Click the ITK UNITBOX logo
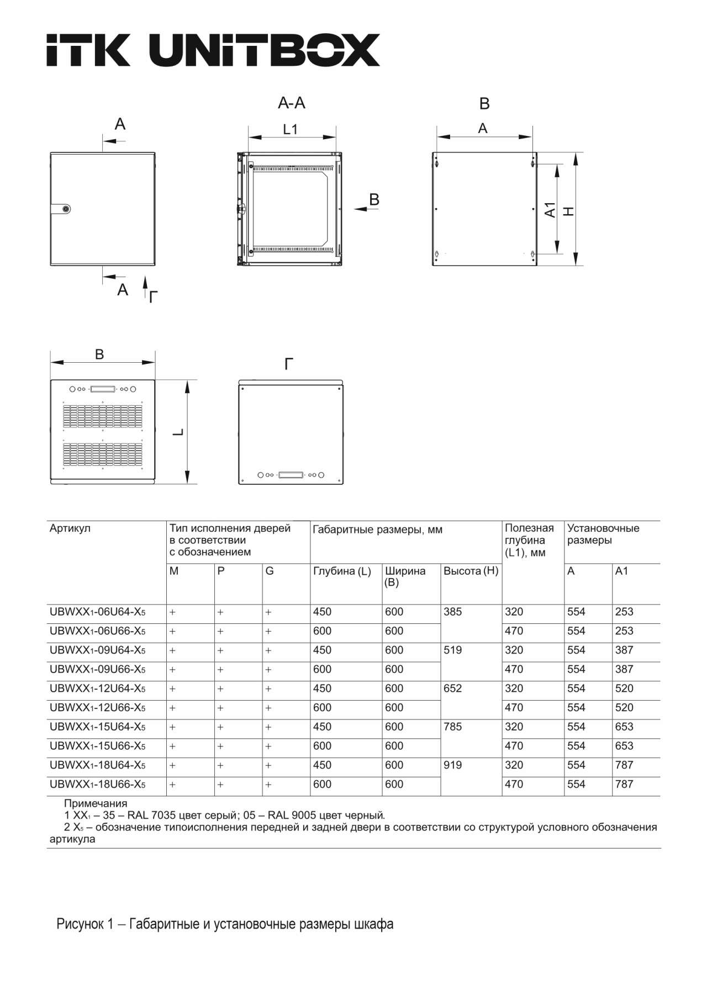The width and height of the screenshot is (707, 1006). point(213,50)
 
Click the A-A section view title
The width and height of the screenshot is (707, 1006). point(291,103)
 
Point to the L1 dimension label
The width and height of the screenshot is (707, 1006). point(290,129)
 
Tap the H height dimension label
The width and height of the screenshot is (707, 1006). point(568,210)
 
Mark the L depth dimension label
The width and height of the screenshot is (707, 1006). point(178,432)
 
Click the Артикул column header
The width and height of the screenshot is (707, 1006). point(70,528)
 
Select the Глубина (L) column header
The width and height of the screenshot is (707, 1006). point(342,571)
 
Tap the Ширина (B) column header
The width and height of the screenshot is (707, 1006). point(405,576)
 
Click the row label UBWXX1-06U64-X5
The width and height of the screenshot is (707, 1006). point(98,612)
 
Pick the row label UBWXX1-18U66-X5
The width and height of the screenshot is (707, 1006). point(98,785)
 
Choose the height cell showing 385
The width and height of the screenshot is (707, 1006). point(452,612)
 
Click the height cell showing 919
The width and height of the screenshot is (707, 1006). point(452,765)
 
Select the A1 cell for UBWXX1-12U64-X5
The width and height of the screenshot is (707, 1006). point(624,689)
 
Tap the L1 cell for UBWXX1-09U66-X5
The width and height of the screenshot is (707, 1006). point(514,669)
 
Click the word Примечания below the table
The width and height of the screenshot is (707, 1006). point(96,803)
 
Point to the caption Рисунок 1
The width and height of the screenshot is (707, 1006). point(225,924)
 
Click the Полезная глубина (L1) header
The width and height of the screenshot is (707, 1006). point(529,541)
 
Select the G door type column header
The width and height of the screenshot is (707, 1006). point(270,571)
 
